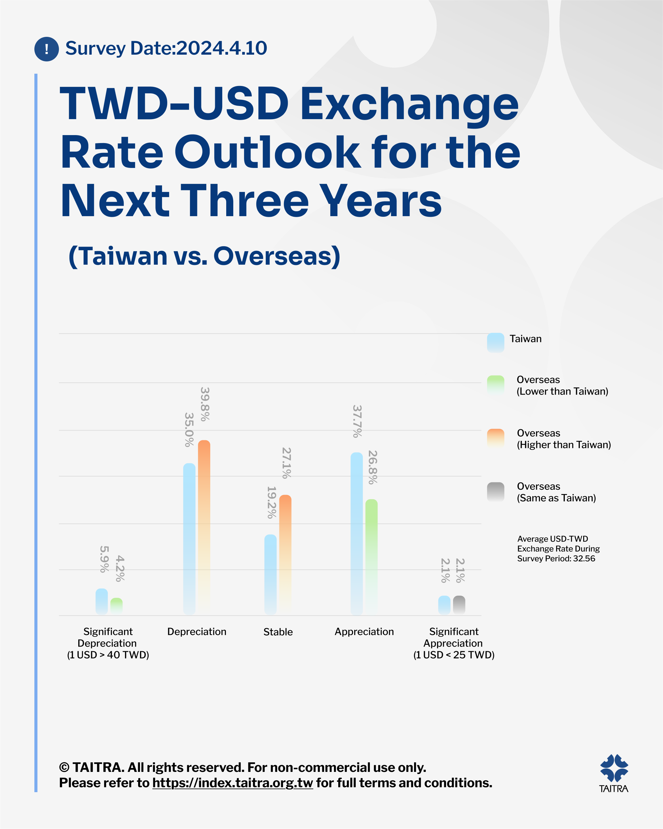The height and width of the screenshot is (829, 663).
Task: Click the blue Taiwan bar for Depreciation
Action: [189, 539]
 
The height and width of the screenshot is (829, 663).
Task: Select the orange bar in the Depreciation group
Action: [204, 527]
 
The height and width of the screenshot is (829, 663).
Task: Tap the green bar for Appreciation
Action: [371, 557]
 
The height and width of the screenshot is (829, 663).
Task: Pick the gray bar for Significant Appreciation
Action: [459, 605]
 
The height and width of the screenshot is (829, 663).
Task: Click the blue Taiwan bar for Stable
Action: [270, 574]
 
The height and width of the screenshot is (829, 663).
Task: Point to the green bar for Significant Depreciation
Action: [116, 606]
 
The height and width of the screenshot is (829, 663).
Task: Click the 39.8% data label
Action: [205, 404]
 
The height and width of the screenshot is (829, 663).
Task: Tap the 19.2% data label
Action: [271, 502]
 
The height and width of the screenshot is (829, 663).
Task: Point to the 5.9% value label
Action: [104, 559]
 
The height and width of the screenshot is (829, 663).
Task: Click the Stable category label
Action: [278, 632]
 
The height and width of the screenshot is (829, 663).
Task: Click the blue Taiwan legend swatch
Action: [495, 343]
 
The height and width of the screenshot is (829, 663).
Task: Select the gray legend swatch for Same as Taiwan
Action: [495, 492]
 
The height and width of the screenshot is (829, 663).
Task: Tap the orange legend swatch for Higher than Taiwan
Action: [495, 439]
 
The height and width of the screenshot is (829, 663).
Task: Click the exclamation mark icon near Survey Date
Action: [47, 49]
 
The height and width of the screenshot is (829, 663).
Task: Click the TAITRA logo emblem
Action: [614, 768]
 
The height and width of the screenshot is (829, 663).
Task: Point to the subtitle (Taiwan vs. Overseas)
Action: [204, 256]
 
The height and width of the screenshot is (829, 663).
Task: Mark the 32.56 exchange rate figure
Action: [584, 558]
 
